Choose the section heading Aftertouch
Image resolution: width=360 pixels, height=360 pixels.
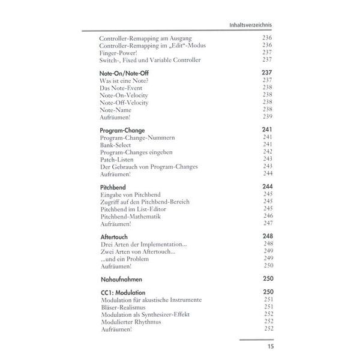point(113,237)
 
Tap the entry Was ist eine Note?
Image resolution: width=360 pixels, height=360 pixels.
point(126,80)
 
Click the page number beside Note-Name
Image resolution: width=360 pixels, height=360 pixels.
point(268,109)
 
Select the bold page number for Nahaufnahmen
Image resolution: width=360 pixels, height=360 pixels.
point(268,279)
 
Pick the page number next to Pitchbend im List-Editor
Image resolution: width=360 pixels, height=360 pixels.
point(268,209)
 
